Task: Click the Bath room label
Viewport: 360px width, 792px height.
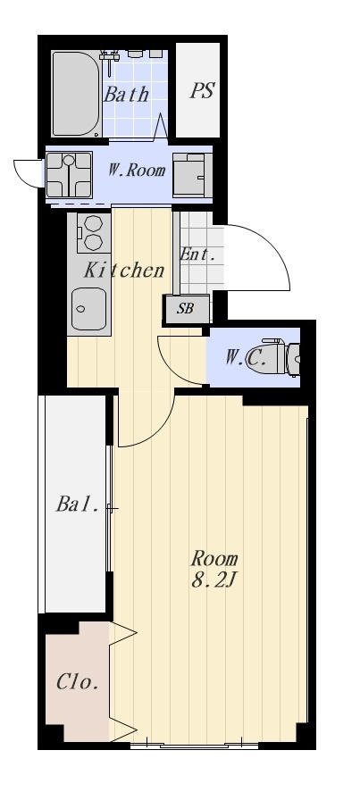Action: [x=127, y=95]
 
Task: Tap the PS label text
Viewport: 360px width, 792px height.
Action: [x=202, y=91]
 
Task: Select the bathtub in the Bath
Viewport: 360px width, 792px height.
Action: [x=76, y=94]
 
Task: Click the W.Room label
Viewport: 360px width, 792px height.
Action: [x=137, y=171]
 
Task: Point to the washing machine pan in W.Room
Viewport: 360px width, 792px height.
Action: [x=70, y=175]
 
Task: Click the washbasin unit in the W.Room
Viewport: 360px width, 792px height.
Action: [x=192, y=175]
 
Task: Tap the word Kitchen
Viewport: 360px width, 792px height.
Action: [x=124, y=271]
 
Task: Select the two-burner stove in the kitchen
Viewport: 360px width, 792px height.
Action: [x=94, y=233]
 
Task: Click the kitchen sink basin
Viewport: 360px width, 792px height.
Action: [x=89, y=309]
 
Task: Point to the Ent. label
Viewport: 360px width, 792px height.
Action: [x=194, y=254]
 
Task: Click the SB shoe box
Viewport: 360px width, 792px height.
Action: [x=186, y=309]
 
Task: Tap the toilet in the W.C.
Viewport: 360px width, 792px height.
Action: [x=280, y=358]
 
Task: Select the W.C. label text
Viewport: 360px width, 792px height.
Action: [x=246, y=359]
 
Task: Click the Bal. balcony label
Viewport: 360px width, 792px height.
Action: [x=77, y=504]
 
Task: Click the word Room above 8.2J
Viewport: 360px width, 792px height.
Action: [x=213, y=559]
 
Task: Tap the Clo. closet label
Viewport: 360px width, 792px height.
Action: [x=77, y=682]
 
